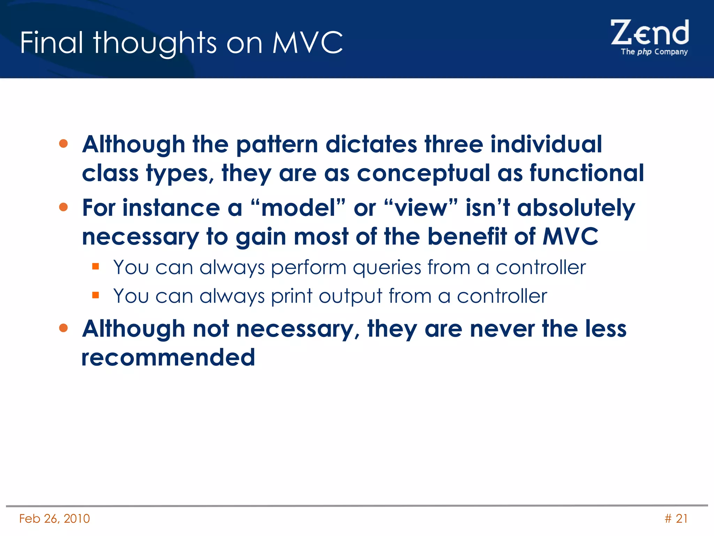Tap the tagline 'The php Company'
(x=654, y=52)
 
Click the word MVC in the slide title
(x=307, y=43)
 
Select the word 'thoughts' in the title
(x=155, y=43)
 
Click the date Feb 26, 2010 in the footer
(x=54, y=519)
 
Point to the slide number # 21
(x=676, y=519)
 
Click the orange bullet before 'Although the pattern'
(x=63, y=144)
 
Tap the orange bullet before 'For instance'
(x=63, y=207)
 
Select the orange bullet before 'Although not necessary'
(x=63, y=328)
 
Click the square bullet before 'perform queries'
(x=96, y=267)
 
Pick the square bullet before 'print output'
(x=96, y=296)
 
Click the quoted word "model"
(x=298, y=208)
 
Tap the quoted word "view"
(x=421, y=208)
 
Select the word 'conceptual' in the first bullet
(x=423, y=173)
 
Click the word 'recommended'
(x=168, y=357)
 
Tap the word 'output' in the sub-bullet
(x=350, y=297)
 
